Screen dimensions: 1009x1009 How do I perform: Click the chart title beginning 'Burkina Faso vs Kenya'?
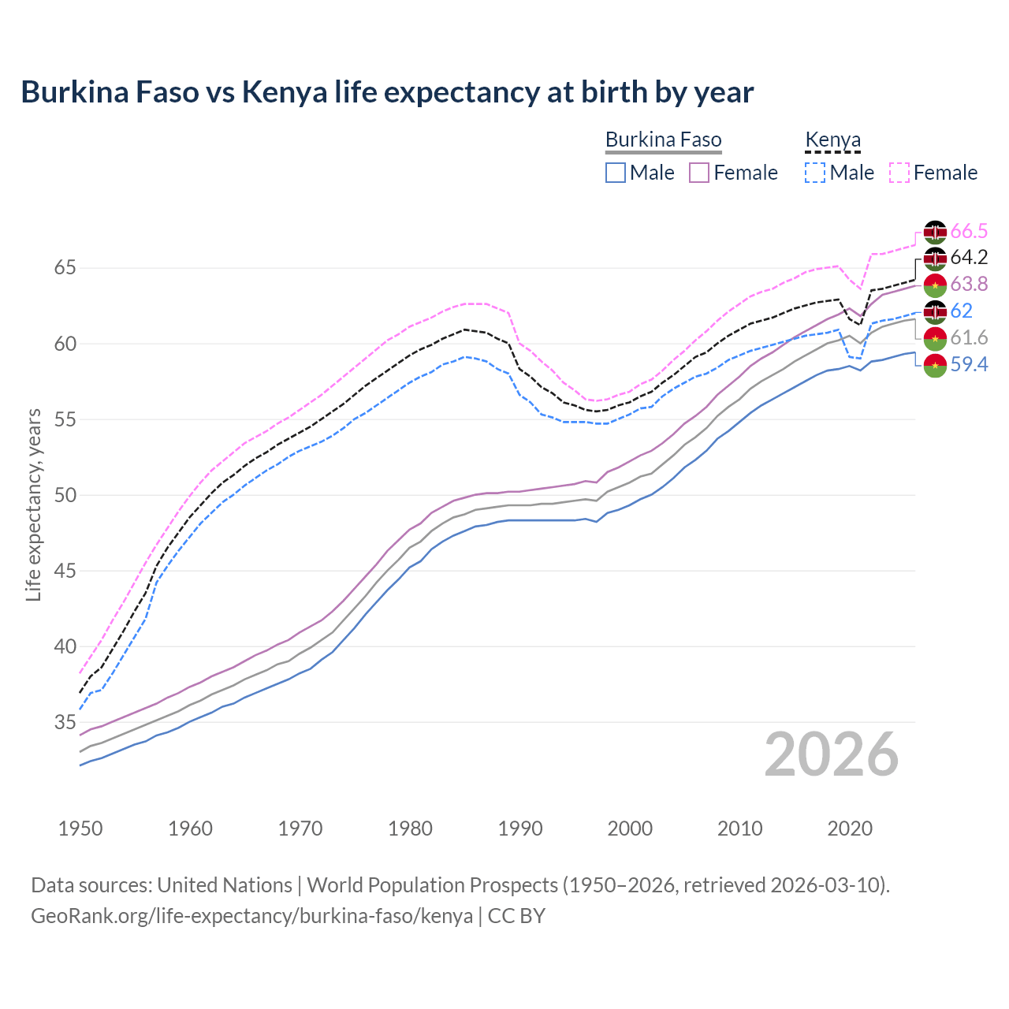tap(387, 92)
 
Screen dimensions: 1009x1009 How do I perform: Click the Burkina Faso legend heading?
tap(663, 140)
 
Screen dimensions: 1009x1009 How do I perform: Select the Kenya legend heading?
tap(832, 140)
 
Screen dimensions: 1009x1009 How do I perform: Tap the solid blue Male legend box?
tap(616, 173)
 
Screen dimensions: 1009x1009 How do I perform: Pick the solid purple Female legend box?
tap(699, 173)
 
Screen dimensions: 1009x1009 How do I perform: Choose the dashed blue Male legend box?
tap(815, 173)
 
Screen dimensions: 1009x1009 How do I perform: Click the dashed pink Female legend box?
tap(899, 173)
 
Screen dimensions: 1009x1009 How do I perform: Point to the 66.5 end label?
tap(969, 232)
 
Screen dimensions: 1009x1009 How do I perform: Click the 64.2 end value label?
tap(969, 258)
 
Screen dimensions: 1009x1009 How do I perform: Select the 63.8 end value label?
tap(969, 285)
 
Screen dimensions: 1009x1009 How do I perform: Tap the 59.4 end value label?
tap(969, 365)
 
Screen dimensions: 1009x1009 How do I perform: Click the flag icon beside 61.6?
tap(935, 338)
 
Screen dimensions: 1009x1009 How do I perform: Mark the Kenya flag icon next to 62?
tap(935, 311)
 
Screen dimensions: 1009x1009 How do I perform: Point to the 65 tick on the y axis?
tap(65, 268)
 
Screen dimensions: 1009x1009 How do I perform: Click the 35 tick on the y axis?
tap(65, 722)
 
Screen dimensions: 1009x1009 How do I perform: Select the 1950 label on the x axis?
tap(80, 828)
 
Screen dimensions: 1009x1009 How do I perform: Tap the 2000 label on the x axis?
tap(631, 828)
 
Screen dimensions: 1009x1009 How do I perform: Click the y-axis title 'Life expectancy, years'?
tap(33, 504)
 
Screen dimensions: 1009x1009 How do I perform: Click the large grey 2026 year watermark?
tap(832, 755)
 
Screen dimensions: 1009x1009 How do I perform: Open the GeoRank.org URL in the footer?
tap(251, 916)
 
